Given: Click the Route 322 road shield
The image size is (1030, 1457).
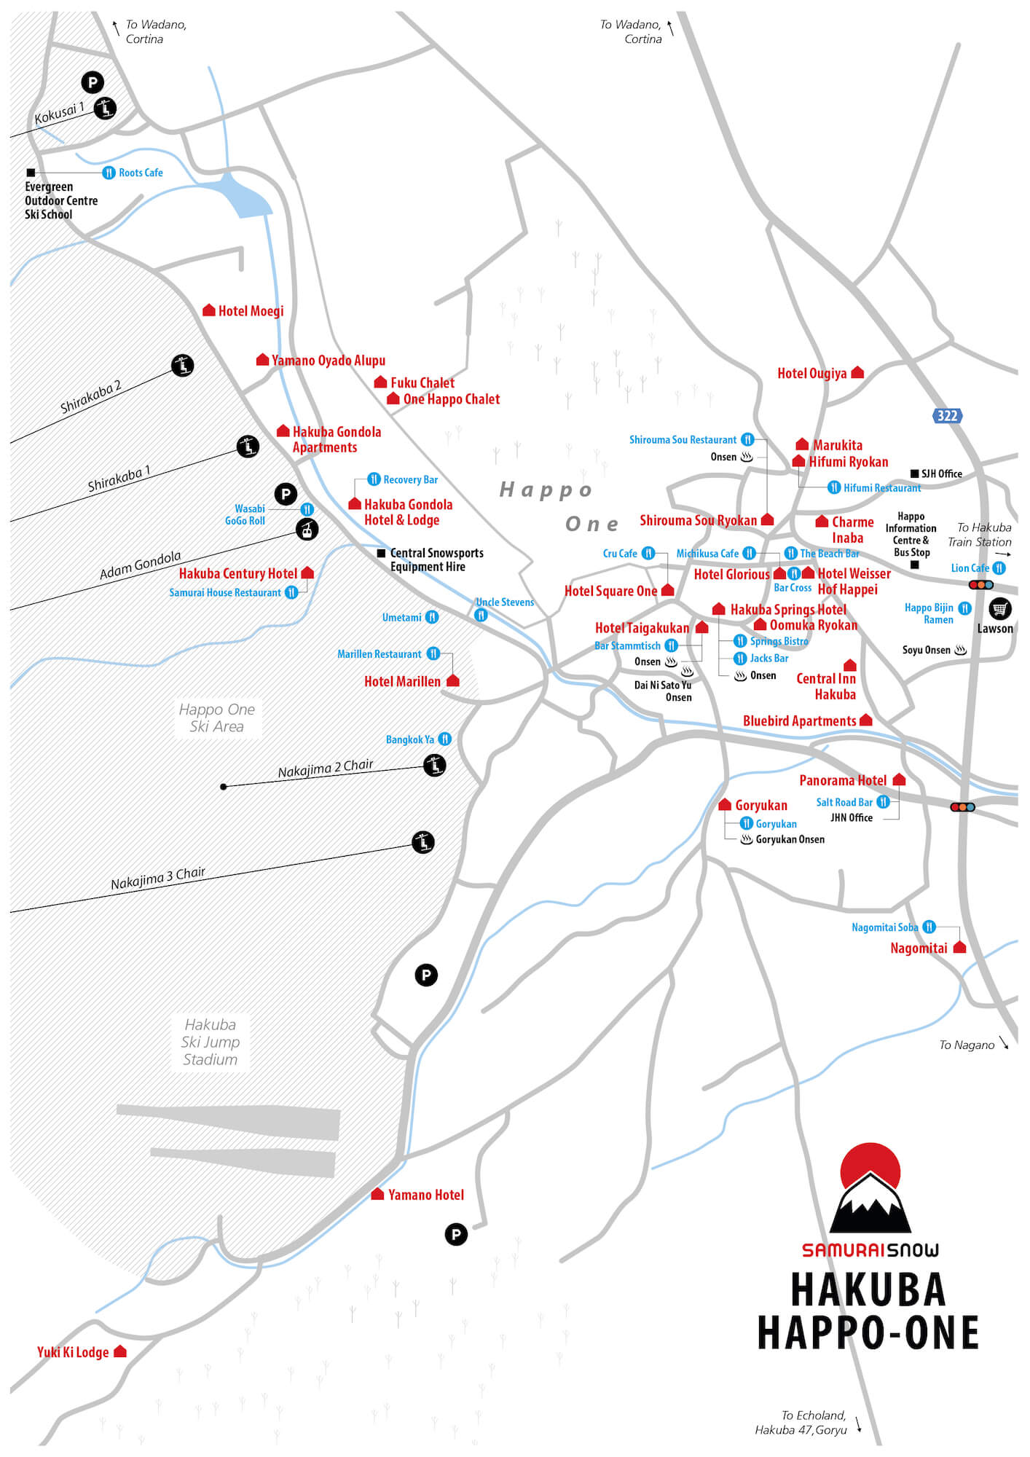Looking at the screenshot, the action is (x=947, y=416).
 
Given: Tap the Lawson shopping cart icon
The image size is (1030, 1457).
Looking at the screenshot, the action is (x=999, y=608).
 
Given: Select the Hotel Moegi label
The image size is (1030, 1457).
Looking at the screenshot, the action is (x=251, y=311).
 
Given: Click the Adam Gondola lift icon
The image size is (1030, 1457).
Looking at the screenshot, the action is (x=307, y=530).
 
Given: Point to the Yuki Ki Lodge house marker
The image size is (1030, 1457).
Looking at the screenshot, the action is (x=120, y=1351).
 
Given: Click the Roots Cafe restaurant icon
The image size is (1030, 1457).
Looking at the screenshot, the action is (x=109, y=173).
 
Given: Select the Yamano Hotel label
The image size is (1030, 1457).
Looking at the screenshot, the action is (x=425, y=1195).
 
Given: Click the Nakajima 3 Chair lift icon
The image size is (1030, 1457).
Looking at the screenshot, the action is (x=423, y=843).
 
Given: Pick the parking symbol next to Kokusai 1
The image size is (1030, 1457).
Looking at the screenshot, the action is (x=92, y=82).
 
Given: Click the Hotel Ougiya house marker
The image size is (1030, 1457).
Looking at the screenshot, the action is (x=857, y=372).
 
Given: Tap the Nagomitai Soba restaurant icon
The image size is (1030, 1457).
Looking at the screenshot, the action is (x=929, y=927).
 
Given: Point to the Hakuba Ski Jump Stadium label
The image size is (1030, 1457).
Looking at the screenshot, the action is (x=210, y=1042).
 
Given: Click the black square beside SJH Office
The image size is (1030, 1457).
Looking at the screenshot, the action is (x=914, y=474).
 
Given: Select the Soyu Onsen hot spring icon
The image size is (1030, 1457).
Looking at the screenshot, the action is (x=961, y=650).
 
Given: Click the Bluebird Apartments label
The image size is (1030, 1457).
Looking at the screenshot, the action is (x=799, y=721).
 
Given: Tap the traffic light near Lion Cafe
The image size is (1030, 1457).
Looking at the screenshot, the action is (x=980, y=585).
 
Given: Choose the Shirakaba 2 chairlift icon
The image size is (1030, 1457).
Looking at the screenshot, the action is (x=182, y=365).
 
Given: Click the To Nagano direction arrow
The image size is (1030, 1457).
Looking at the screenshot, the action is (x=1004, y=1042).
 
